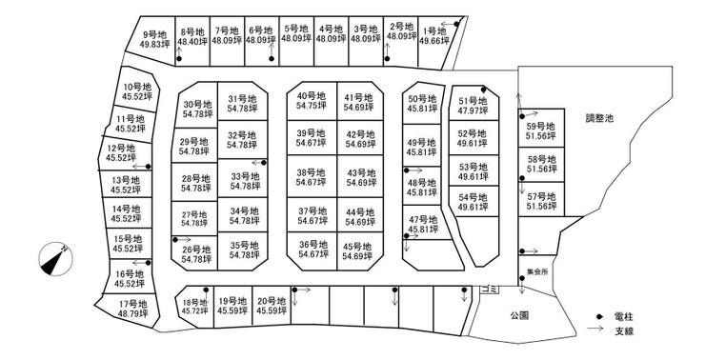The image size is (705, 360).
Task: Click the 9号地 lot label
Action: pyautogui.click(x=155, y=34)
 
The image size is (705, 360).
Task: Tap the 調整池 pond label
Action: pyautogui.click(x=599, y=118)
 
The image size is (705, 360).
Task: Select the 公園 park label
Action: pyautogui.click(x=519, y=315)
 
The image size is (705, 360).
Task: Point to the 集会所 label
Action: pyautogui.click(x=537, y=272)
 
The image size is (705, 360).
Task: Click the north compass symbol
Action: pyautogui.click(x=56, y=259)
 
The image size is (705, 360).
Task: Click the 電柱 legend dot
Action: pyautogui.click(x=599, y=316)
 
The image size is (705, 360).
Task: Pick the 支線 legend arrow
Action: pyautogui.click(x=594, y=328)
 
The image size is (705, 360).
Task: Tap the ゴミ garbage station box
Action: pyautogui.click(x=490, y=290)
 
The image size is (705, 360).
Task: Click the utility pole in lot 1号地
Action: pyautogui.click(x=456, y=24)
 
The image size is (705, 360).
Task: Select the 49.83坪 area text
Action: pyautogui.click(x=155, y=45)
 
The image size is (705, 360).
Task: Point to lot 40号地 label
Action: pyautogui.click(x=312, y=96)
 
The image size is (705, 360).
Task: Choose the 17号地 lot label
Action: pyautogui.click(x=133, y=304)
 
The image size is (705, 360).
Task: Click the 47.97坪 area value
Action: pyautogui.click(x=473, y=110)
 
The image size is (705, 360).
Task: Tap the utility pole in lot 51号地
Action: pyautogui.click(x=483, y=90)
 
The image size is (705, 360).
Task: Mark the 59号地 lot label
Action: pyautogui.click(x=541, y=127)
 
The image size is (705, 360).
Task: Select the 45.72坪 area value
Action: pyautogui.click(x=195, y=311)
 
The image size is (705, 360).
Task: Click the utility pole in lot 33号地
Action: pyautogui.click(x=264, y=163)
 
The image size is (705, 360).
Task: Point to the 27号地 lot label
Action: pyautogui.click(x=194, y=214)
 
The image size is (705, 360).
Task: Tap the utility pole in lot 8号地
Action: pyautogui.click(x=179, y=59)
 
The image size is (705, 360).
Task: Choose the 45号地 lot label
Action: pyautogui.click(x=357, y=247)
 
